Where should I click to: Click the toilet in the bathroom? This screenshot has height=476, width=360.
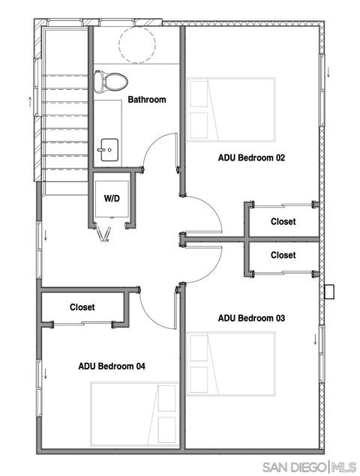tap(110, 82)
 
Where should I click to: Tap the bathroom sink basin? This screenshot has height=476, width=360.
tap(109, 150)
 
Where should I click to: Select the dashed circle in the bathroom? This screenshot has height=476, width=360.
tap(137, 45)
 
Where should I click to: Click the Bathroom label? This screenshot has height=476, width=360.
tap(147, 100)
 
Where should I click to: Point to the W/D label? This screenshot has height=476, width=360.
tap(112, 199)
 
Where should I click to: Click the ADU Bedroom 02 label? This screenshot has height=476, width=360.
tap(251, 158)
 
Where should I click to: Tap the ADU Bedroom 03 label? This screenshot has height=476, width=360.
tap(251, 318)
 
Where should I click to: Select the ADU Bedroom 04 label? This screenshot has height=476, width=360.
tap(112, 366)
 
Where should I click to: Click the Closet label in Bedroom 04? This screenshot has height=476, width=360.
tap(82, 307)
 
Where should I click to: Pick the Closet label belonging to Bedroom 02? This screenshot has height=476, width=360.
tap(283, 222)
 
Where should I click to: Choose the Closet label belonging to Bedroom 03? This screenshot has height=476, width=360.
tap(283, 255)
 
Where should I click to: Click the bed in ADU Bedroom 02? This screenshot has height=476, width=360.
tap(231, 109)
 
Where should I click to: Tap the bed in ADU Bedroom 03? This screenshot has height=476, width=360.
tap(231, 364)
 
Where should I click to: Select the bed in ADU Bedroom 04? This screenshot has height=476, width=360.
tap(134, 414)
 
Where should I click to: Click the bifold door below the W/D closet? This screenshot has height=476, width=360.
tap(103, 234)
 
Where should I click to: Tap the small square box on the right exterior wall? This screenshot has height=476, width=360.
tap(329, 292)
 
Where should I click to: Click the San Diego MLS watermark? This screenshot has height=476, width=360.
tap(309, 466)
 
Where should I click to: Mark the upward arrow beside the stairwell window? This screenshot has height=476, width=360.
tap(30, 102)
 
